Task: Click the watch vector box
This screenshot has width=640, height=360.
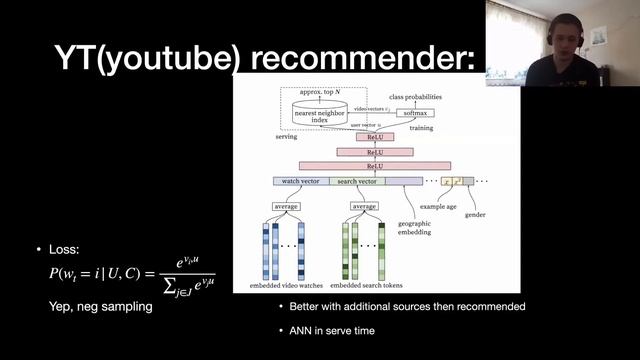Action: pos(300,181)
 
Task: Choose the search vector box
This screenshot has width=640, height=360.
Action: pos(356,181)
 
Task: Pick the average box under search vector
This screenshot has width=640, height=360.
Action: pos(364,206)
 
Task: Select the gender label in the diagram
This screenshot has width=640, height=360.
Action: pos(475,215)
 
